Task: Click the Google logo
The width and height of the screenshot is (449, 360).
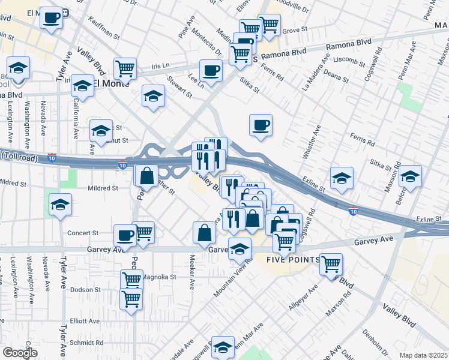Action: coord(19,353)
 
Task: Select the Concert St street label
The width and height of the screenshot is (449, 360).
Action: coord(83,233)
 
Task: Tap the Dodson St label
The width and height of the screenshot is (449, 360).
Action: coord(84,289)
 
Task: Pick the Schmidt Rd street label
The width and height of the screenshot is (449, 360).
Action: coord(87,343)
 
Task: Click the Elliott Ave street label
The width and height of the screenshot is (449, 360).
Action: coord(85,321)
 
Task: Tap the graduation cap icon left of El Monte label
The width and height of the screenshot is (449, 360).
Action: coord(82,86)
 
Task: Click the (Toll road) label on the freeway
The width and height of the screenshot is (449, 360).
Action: coord(19,158)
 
